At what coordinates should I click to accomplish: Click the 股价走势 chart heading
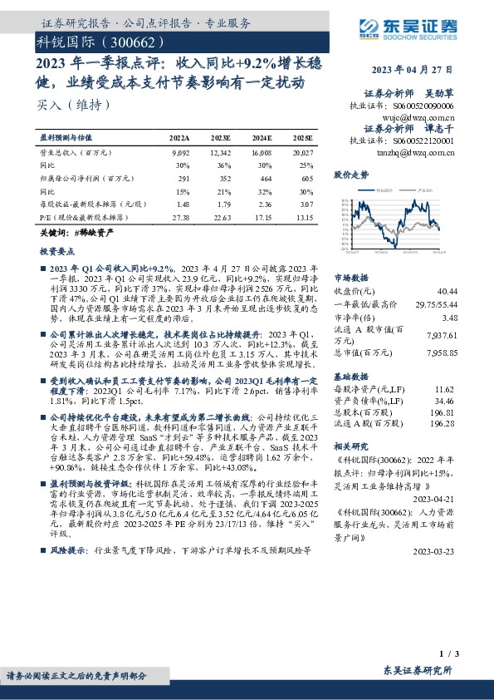coord(351,175)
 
